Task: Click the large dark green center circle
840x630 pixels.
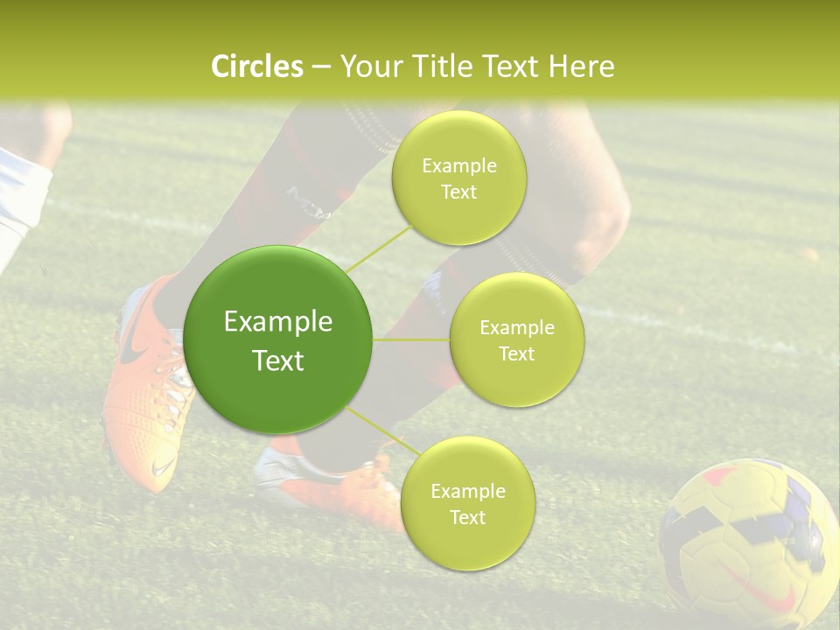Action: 278,339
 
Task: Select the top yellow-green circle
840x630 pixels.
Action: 458,178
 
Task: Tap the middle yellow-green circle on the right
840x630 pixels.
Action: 516,339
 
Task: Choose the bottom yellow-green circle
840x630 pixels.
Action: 467,503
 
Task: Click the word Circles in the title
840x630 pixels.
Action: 256,66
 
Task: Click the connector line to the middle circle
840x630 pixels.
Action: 411,339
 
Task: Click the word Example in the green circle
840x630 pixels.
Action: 278,322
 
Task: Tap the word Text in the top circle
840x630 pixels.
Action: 458,192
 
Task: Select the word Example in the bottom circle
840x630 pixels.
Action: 467,491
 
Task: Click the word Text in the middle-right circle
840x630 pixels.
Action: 516,353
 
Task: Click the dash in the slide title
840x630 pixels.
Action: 320,67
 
